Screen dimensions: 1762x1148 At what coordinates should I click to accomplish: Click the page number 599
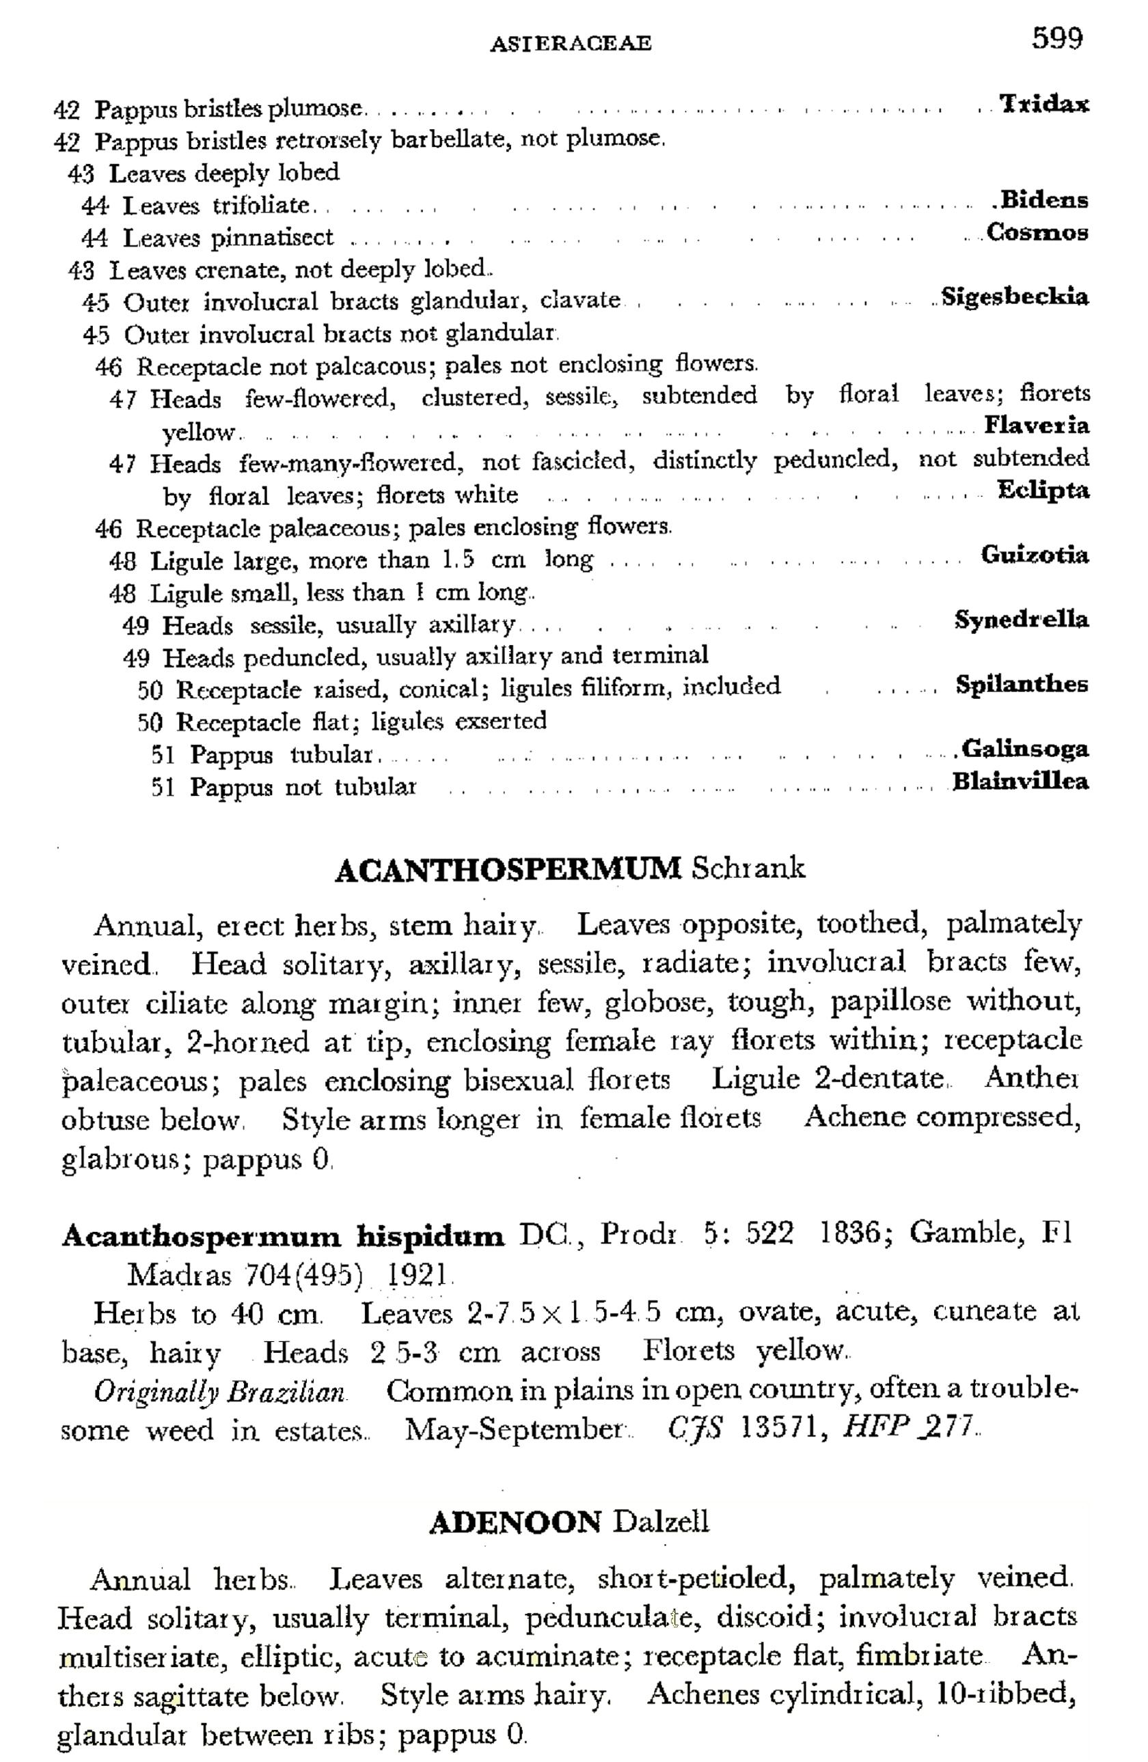tap(1057, 38)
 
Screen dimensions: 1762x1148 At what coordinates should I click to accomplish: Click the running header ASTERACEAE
tap(571, 44)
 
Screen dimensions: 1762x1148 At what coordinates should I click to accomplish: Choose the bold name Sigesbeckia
tap(1015, 297)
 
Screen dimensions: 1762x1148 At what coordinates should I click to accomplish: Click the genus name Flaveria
tap(1036, 425)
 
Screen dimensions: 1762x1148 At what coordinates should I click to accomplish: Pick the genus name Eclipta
tap(1043, 490)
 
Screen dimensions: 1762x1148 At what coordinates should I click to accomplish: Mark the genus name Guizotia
tap(1035, 555)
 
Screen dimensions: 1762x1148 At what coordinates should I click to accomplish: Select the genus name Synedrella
tap(1022, 619)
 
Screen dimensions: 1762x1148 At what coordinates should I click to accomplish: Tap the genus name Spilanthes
tap(1022, 683)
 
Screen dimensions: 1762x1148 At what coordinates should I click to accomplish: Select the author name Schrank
tap(748, 868)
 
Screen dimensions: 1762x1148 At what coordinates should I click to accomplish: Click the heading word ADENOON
tap(515, 1522)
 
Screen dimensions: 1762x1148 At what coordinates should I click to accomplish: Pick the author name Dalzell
tap(661, 1522)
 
